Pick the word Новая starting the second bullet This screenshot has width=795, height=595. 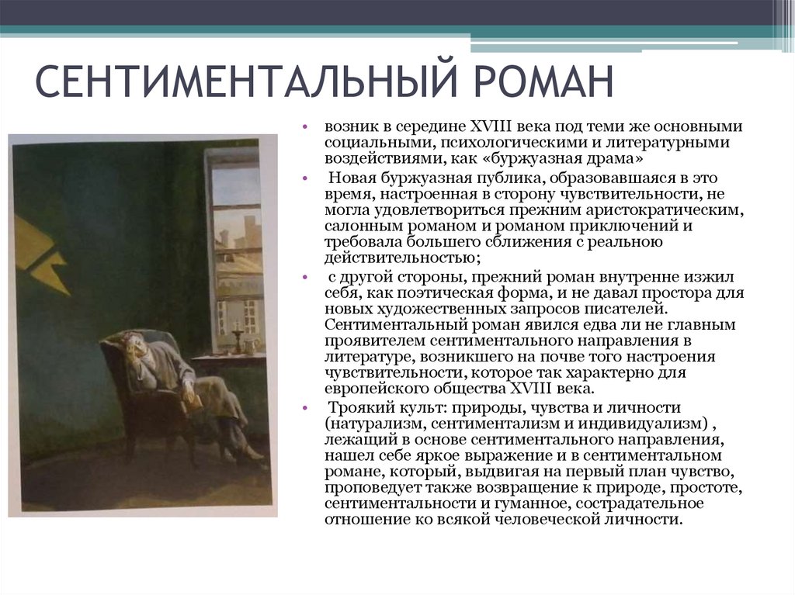click(x=348, y=178)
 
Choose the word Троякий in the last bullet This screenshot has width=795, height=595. click(x=356, y=407)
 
